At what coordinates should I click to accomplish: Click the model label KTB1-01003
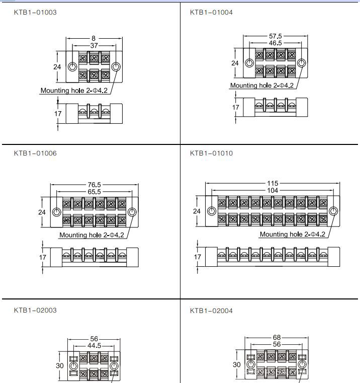tap(35, 12)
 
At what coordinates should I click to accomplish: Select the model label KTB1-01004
tap(211, 12)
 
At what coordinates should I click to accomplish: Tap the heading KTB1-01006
tap(35, 153)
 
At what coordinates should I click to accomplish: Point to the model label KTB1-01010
tap(211, 153)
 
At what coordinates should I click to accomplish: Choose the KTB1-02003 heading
tap(35, 310)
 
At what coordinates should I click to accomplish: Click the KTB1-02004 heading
tap(211, 311)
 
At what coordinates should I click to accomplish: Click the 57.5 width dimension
tap(276, 36)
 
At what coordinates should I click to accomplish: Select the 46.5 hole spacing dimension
tap(276, 43)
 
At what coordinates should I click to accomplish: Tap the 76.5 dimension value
tap(94, 185)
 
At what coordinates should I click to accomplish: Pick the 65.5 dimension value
tap(94, 192)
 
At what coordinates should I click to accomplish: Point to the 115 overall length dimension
tap(273, 183)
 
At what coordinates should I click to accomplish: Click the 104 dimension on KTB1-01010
tap(273, 190)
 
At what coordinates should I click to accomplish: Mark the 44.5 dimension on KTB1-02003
tap(94, 346)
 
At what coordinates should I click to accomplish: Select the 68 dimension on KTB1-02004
tap(277, 337)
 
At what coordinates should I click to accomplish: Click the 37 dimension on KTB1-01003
tap(94, 45)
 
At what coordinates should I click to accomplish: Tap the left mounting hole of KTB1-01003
tap(72, 66)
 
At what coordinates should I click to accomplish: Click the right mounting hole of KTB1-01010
tap(334, 211)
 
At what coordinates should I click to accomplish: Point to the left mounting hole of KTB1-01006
tap(57, 211)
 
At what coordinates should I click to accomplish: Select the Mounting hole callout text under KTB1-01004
tap(262, 86)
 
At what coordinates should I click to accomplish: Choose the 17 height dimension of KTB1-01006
tap(43, 257)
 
